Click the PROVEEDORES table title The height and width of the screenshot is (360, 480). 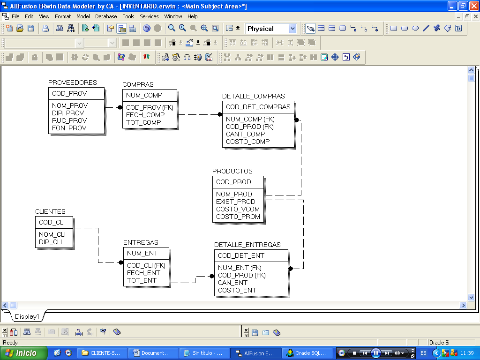point(73,82)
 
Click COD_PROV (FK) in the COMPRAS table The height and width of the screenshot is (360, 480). point(150,107)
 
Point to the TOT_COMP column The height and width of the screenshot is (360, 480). point(143,122)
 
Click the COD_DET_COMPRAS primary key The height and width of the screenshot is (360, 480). point(258,107)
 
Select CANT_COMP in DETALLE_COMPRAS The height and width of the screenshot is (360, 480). point(245,134)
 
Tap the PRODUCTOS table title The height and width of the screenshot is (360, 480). point(232,171)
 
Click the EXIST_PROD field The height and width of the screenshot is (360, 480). point(236,202)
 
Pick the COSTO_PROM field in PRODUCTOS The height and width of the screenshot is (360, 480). point(238,217)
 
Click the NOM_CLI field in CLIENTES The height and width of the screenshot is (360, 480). point(52,234)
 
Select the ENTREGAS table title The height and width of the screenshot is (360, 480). point(141,242)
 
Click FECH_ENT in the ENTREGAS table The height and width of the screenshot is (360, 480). point(143,273)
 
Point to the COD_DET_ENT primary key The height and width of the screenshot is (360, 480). point(241,255)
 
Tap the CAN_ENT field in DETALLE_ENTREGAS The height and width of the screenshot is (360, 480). point(232,283)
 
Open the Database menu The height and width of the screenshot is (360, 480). point(106,16)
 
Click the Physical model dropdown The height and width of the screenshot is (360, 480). point(271,29)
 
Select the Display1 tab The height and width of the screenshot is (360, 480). point(27,316)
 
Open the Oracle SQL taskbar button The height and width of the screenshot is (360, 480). point(307,353)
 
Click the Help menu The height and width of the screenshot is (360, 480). point(193,16)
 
